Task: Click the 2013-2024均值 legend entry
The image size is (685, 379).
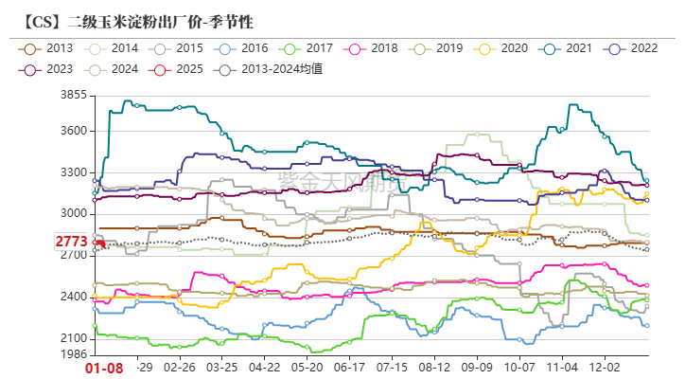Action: click(270, 69)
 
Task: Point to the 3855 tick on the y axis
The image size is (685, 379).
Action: click(73, 96)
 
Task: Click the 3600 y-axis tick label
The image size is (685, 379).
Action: click(73, 131)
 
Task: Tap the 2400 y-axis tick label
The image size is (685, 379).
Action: click(73, 297)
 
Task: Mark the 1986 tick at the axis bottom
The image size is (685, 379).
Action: click(73, 353)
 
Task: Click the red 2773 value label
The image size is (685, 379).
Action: click(71, 243)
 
